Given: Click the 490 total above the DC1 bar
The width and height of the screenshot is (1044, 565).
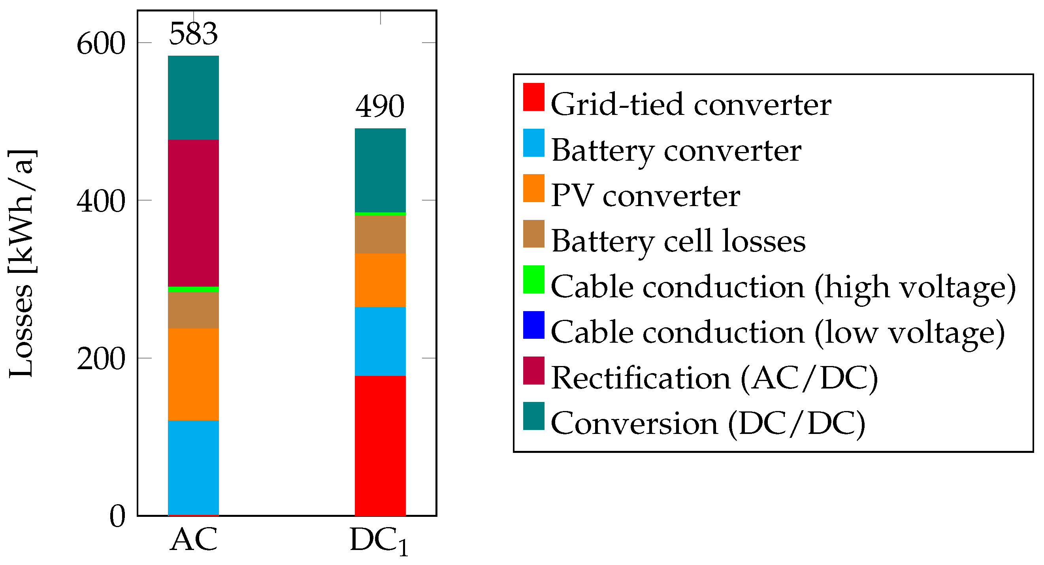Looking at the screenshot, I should pyautogui.click(x=380, y=106).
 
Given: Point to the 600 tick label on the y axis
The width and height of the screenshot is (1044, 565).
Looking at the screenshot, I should pyautogui.click(x=101, y=44).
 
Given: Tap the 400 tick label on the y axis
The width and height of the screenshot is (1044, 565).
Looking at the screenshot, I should pyautogui.click(x=101, y=201).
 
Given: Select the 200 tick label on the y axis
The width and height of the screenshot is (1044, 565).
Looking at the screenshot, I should pyautogui.click(x=101, y=359).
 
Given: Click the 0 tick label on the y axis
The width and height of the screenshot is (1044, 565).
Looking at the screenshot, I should pyautogui.click(x=117, y=516).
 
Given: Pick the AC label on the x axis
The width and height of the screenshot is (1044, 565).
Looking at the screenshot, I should pyautogui.click(x=193, y=539).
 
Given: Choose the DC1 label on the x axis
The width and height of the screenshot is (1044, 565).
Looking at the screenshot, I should pyautogui.click(x=379, y=541).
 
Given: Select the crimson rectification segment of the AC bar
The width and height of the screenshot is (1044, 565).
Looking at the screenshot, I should pyautogui.click(x=193, y=213).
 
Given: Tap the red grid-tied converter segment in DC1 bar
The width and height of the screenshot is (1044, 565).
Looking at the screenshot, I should pyautogui.click(x=380, y=445).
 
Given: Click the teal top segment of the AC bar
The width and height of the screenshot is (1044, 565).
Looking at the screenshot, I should pyautogui.click(x=193, y=98).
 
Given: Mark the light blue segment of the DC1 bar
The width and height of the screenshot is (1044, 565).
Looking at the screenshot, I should pyautogui.click(x=380, y=341).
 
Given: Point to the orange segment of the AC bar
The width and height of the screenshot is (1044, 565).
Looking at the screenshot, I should pyautogui.click(x=193, y=374).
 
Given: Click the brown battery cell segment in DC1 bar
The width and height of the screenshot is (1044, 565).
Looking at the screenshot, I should pyautogui.click(x=380, y=234).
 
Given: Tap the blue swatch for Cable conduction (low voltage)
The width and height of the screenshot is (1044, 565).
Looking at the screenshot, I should pyautogui.click(x=533, y=325).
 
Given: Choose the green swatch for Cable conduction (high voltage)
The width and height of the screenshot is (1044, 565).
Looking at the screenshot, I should pyautogui.click(x=533, y=279).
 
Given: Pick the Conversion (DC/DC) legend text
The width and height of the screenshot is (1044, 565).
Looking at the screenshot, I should pyautogui.click(x=708, y=424).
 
